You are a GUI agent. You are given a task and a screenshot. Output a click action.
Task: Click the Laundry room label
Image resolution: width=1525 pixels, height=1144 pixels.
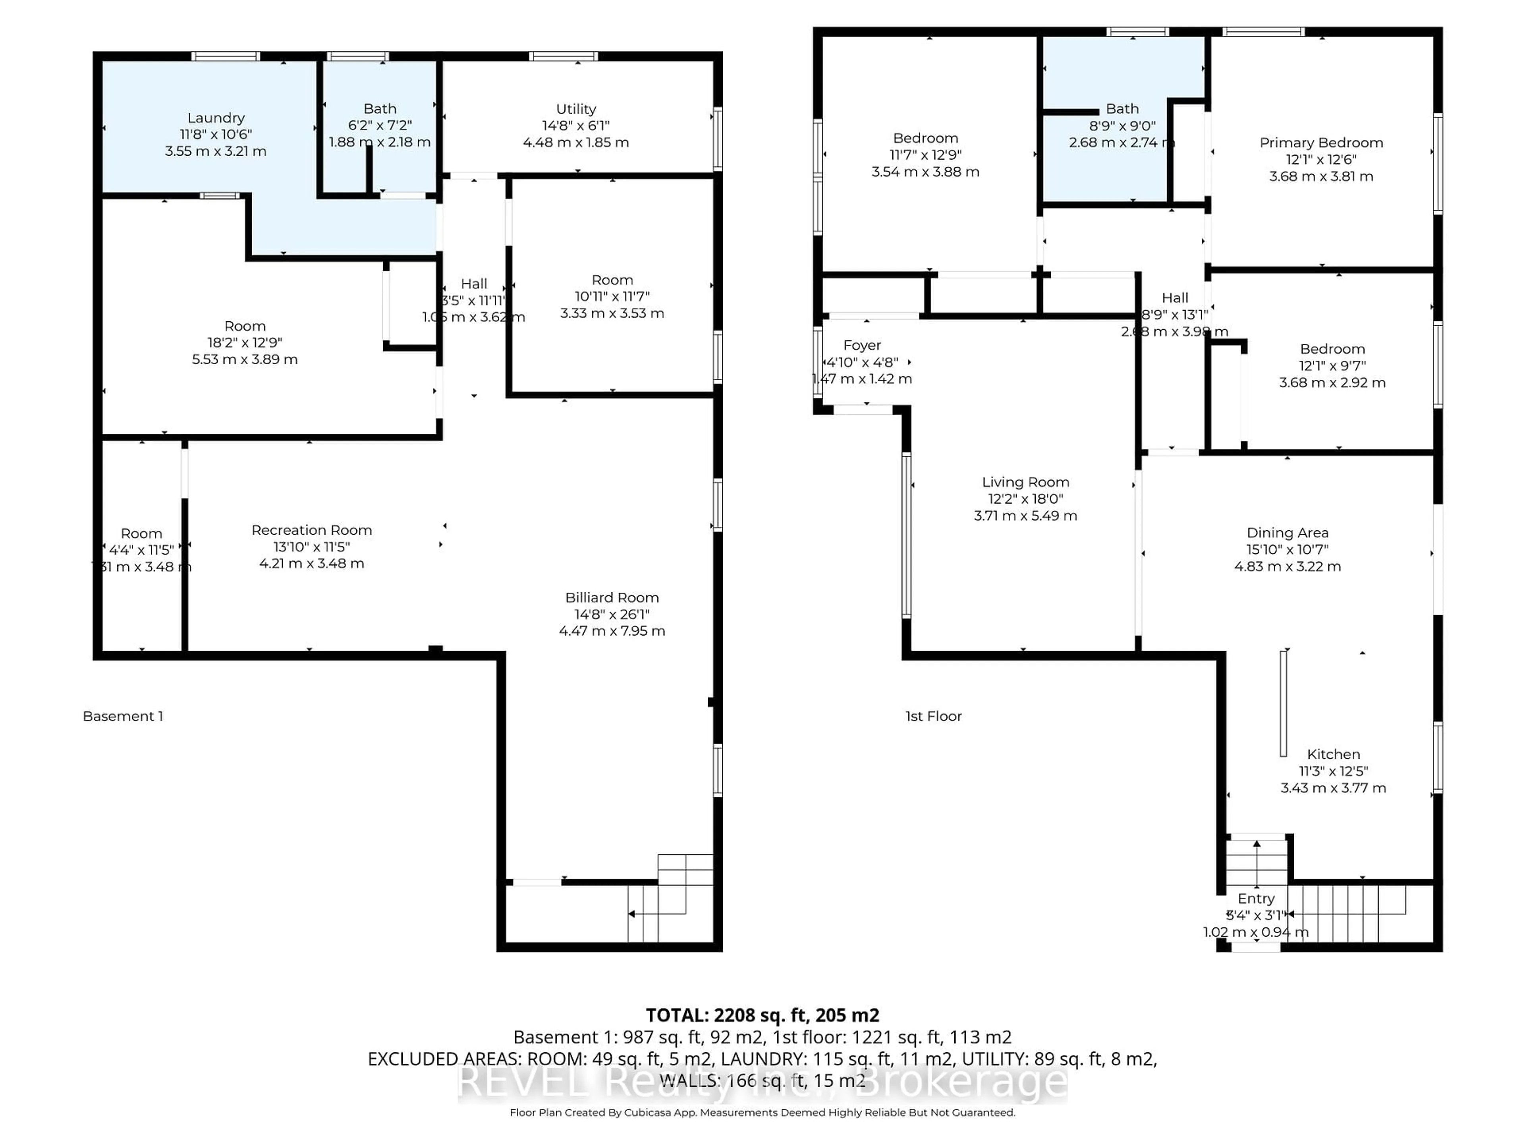click(216, 118)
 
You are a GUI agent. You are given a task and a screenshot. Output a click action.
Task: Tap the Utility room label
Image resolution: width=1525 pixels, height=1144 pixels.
click(576, 109)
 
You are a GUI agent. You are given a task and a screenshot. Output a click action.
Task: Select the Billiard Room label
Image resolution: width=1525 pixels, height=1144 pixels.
click(612, 598)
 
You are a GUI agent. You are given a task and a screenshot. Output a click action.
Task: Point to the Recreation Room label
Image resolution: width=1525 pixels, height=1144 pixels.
click(312, 530)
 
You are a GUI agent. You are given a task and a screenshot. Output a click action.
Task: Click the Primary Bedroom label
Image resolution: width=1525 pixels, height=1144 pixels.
click(1321, 143)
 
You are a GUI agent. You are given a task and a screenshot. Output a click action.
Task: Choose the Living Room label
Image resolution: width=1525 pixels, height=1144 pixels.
click(1025, 482)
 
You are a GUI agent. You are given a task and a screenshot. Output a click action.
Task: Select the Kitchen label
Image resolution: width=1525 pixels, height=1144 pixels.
click(1333, 754)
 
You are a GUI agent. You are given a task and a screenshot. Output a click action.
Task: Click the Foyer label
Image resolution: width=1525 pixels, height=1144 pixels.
click(862, 346)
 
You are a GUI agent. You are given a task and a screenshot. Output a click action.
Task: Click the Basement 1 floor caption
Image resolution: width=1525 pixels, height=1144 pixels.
click(123, 717)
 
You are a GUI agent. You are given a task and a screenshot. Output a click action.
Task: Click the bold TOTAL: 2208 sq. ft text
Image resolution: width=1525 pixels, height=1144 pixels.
click(762, 1015)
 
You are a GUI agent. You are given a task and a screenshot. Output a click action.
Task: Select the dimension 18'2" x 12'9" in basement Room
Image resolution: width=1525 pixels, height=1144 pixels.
click(245, 343)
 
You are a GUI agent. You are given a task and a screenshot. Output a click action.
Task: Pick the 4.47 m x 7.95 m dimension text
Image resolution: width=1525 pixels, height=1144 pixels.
click(612, 631)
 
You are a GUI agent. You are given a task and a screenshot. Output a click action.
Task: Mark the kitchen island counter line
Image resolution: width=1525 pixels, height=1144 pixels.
click(1283, 703)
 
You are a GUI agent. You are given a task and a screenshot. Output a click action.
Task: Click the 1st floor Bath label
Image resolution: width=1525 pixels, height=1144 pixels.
click(1122, 109)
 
